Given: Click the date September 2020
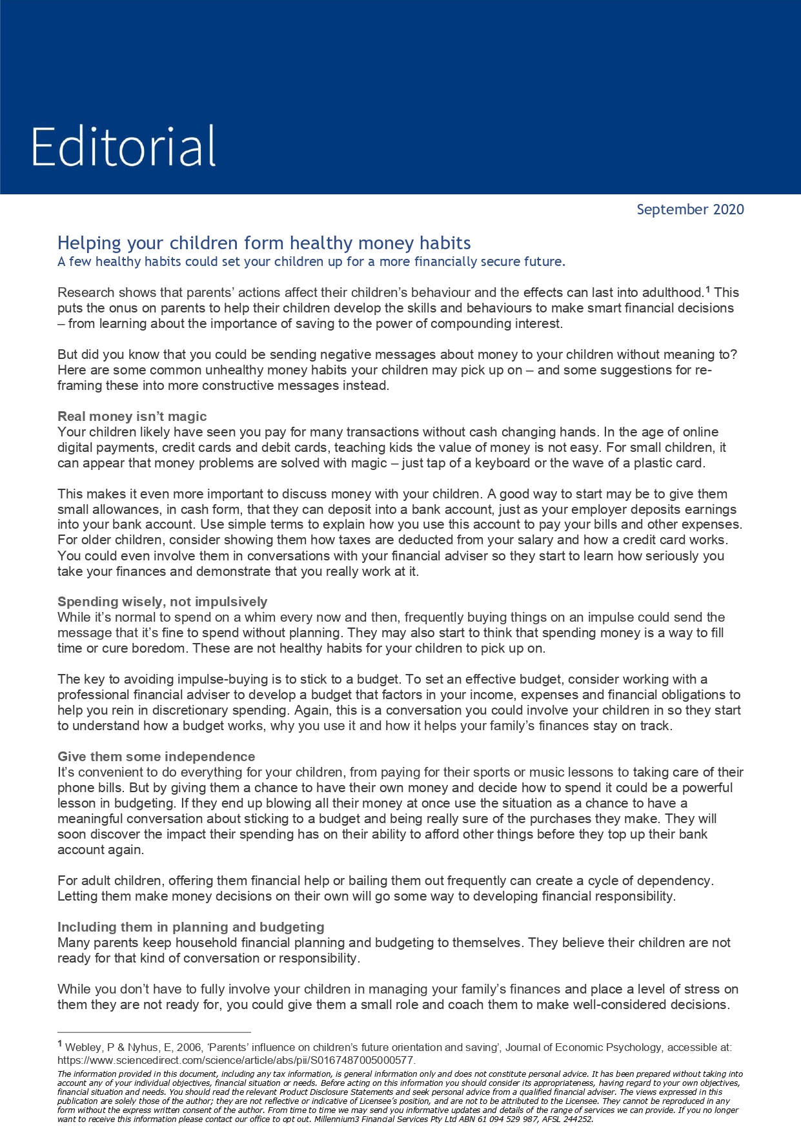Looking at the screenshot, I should click(x=690, y=209).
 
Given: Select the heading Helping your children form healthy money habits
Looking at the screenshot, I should click(x=264, y=243).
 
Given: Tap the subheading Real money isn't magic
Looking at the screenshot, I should click(x=132, y=416).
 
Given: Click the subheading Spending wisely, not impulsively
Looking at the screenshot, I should click(x=162, y=602).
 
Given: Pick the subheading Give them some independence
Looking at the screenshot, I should click(x=156, y=757).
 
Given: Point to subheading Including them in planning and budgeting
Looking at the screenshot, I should click(x=190, y=927).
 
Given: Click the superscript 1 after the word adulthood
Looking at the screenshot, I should click(x=707, y=290).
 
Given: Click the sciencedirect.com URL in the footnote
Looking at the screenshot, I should click(x=236, y=1061).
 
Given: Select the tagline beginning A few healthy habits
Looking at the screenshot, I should click(x=311, y=261).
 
